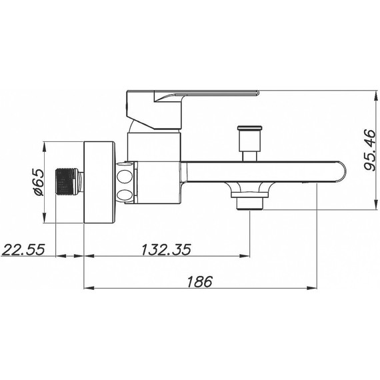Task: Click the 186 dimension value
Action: [200, 281]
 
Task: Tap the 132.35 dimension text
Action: [166, 249]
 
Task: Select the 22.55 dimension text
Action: [23, 249]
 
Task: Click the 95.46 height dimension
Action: [369, 150]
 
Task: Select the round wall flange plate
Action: [99, 182]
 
